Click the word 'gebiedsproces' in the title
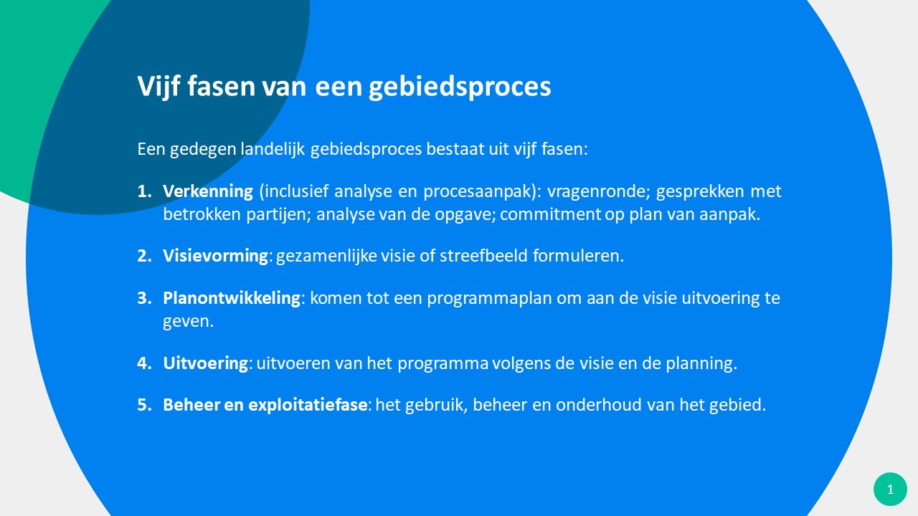tap(460, 87)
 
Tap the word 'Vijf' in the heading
tap(158, 87)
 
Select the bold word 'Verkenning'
tap(208, 191)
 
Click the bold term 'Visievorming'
tap(216, 256)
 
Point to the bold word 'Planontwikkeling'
tap(232, 298)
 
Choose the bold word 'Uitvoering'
tap(205, 363)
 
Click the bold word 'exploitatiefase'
tap(308, 405)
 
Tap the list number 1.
tap(144, 191)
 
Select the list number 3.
tap(144, 298)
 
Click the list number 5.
tap(144, 405)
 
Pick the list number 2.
tap(144, 256)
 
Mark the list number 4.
tap(144, 363)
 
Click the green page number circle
tap(890, 489)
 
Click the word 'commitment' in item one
tap(550, 214)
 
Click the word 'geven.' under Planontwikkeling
tap(188, 322)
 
